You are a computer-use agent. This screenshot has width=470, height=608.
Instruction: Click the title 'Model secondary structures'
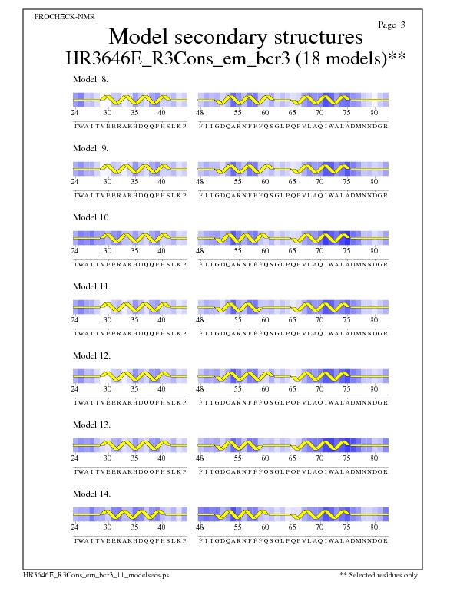click(235, 37)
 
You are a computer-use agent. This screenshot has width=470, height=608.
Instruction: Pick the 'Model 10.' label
click(92, 217)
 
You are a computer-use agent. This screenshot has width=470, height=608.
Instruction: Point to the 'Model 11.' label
click(92, 286)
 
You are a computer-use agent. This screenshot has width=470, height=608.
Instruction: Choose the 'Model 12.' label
click(92, 355)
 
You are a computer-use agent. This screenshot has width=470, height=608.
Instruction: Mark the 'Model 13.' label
click(92, 425)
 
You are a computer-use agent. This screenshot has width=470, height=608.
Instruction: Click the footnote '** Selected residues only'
click(379, 575)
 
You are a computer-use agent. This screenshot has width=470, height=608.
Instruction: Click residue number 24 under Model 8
click(75, 113)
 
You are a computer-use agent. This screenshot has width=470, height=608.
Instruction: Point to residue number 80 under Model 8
click(374, 113)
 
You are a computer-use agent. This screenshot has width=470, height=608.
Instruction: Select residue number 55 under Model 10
click(238, 251)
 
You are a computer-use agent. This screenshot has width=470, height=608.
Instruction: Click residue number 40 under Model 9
click(161, 182)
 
